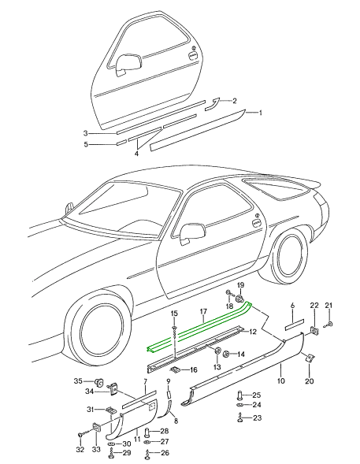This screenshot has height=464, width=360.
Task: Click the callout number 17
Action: [203, 311]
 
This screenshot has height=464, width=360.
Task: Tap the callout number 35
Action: [78, 380]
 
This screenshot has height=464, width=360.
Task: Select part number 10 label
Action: [281, 380]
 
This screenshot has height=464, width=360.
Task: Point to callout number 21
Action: [329, 306]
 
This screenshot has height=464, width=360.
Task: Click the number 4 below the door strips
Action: [136, 154]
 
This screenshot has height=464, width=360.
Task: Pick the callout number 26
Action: [165, 453]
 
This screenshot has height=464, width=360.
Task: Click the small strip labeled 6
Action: [295, 324]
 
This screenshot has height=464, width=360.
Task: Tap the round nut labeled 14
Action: [226, 354]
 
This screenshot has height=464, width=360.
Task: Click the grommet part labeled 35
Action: [99, 383]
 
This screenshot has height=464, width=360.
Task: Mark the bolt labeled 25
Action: [240, 395]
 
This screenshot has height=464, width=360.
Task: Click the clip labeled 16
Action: [176, 369]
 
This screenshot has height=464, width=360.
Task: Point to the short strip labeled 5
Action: [121, 143]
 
